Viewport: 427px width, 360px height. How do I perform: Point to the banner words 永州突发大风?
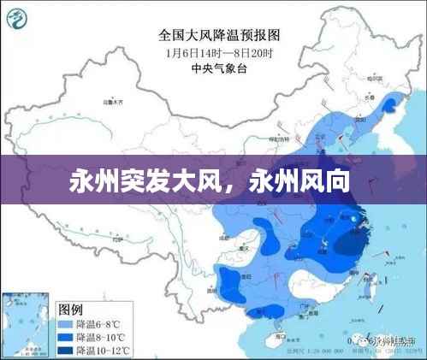tap(139, 183)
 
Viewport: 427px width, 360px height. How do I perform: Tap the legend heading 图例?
tap(70, 307)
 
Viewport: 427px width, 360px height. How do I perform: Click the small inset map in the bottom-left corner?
tap(26, 322)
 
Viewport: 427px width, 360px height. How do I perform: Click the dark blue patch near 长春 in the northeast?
tap(392, 104)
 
